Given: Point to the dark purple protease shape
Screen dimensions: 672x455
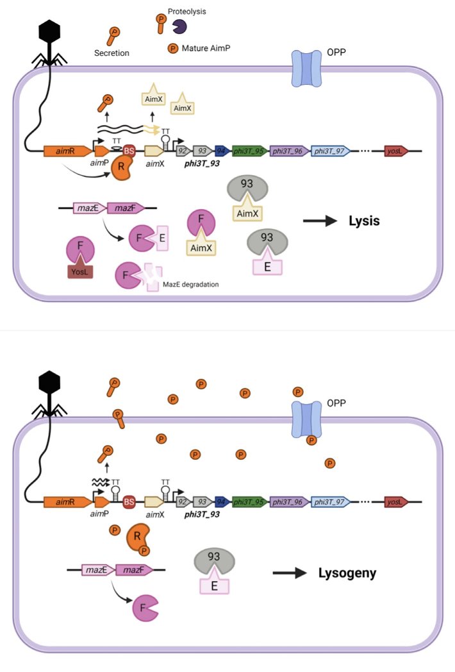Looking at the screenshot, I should click(179, 26).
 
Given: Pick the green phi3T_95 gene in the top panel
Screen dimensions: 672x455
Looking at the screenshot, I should click(249, 152).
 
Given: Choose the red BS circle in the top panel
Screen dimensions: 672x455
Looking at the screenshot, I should click(128, 152).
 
